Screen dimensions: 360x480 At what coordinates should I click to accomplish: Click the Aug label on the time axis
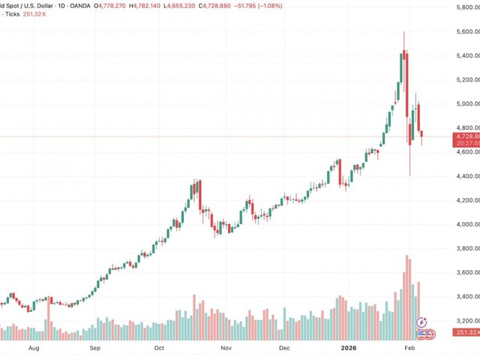pyautogui.click(x=33, y=349)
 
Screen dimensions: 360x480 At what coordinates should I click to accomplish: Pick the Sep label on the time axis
pyautogui.click(x=95, y=349)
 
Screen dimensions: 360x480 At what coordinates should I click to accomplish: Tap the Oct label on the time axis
pyautogui.click(x=160, y=349)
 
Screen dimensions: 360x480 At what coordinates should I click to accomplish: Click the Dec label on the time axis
pyautogui.click(x=284, y=349)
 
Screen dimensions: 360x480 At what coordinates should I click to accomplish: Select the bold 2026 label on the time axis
pyautogui.click(x=347, y=349)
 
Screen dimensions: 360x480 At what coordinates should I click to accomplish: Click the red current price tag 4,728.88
pyautogui.click(x=466, y=136)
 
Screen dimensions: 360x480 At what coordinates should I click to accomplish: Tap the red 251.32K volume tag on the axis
pyautogui.click(x=466, y=332)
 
